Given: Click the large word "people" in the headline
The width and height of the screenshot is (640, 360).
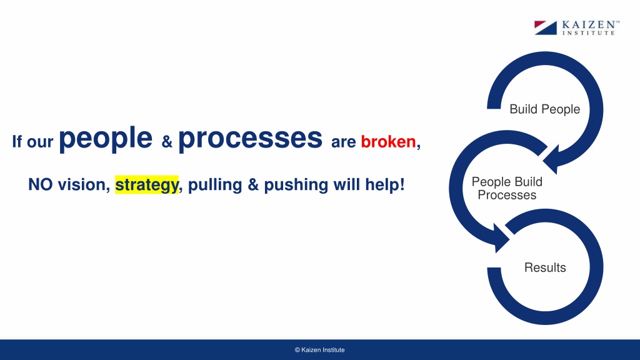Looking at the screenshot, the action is (106, 139).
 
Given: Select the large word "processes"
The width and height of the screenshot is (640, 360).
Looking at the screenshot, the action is (250, 139).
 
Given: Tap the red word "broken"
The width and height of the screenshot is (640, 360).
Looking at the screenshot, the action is (388, 142).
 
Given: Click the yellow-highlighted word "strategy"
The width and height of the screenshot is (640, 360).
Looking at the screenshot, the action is (147, 185).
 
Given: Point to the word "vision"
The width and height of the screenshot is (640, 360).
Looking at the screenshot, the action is (84, 184).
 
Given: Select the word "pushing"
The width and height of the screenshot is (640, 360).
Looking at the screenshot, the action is (296, 185).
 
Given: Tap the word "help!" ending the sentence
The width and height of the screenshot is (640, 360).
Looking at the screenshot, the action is (385, 185).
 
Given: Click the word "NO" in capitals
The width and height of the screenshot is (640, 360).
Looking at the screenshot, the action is (41, 184).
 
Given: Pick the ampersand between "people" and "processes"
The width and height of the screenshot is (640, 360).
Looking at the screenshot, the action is (167, 142).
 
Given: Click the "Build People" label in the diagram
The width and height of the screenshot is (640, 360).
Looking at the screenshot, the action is (545, 109).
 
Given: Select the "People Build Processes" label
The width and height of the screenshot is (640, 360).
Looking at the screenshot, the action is (507, 188).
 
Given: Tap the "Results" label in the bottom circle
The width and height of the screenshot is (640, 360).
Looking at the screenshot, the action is (545, 267).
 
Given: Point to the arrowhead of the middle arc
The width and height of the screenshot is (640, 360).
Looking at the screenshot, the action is (501, 238).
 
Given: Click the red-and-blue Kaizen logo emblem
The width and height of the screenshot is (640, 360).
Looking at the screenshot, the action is (545, 27).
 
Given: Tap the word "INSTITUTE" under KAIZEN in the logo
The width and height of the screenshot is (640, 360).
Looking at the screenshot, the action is (589, 33).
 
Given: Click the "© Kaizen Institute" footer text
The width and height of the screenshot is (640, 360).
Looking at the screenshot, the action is (319, 350).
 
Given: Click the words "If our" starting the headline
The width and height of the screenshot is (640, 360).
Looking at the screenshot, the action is (32, 142).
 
